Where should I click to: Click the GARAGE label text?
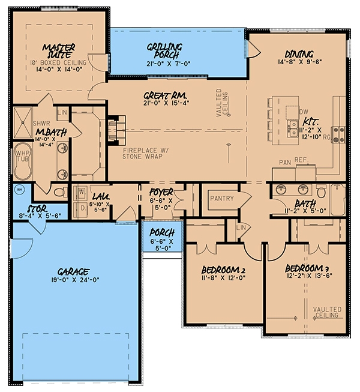pyautogui.click(x=74, y=270)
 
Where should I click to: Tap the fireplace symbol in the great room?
pyautogui.click(x=116, y=127)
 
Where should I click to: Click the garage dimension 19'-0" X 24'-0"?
pyautogui.click(x=74, y=280)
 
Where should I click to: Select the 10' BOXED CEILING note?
pyautogui.click(x=58, y=62)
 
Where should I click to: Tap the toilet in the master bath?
pyautogui.click(x=59, y=193)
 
